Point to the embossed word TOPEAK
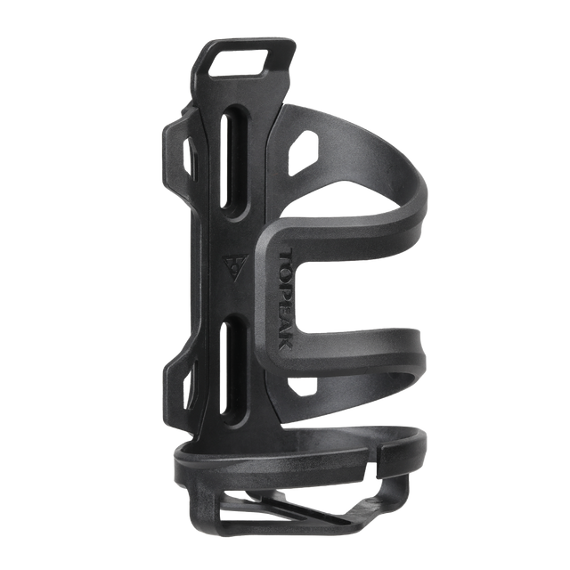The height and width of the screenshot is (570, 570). [x=286, y=300]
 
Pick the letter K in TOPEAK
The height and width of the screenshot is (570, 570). [x=286, y=343]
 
